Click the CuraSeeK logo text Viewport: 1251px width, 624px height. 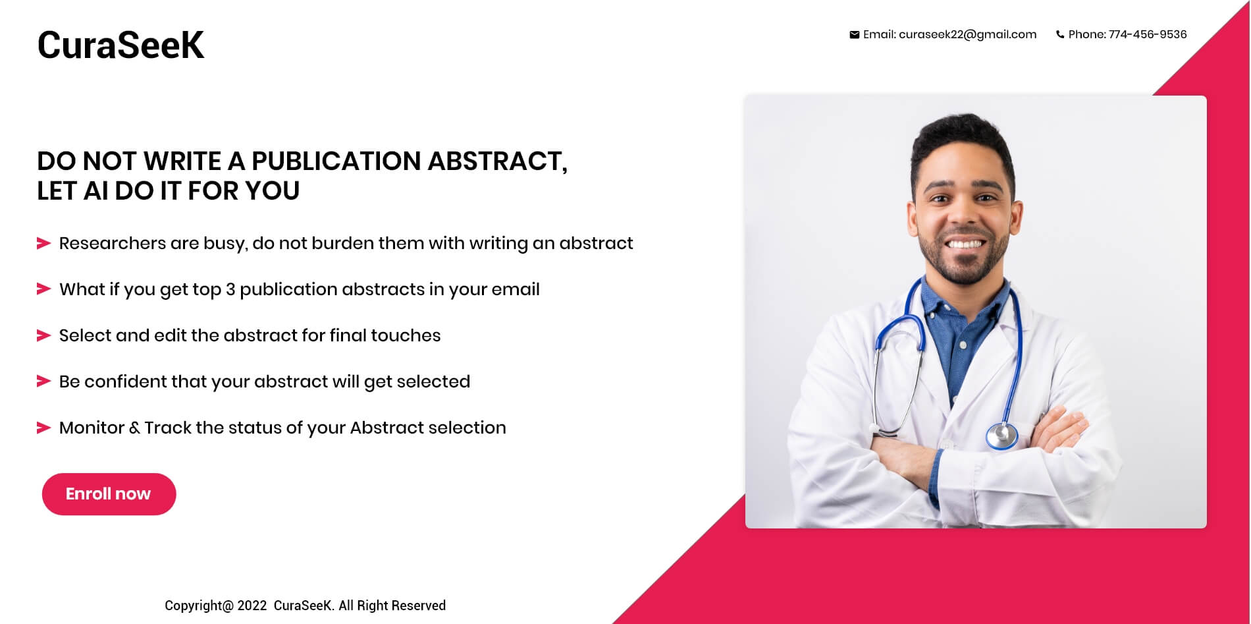(x=120, y=45)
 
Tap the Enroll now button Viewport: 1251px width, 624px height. (x=109, y=494)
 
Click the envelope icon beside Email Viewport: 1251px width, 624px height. (x=854, y=35)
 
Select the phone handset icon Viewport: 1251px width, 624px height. (x=1059, y=35)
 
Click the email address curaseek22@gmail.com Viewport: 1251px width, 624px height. (x=967, y=35)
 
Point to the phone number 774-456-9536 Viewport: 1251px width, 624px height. (x=1148, y=34)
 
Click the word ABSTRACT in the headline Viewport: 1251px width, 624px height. (x=497, y=161)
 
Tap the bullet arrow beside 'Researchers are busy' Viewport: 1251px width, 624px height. (x=43, y=243)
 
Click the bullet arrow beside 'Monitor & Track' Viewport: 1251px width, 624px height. (x=43, y=428)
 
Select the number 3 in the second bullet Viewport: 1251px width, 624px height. (x=230, y=289)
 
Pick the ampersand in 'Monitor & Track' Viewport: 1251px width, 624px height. (x=134, y=428)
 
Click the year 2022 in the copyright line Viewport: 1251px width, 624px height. (x=252, y=606)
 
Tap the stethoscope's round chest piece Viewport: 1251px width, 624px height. (x=1001, y=435)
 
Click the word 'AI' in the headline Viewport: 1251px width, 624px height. (x=95, y=191)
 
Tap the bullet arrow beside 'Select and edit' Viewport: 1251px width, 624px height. (x=43, y=335)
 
